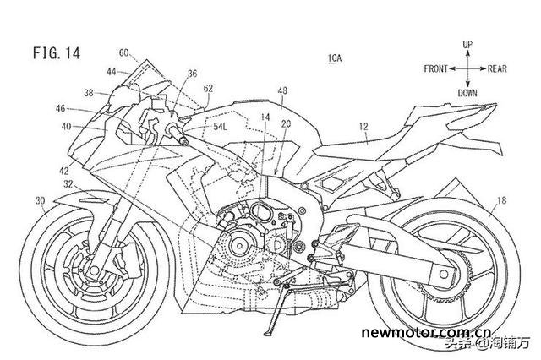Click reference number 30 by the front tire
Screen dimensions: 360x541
tap(39, 200)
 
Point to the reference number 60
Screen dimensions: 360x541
tap(123, 52)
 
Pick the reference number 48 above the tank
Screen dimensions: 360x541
tap(281, 90)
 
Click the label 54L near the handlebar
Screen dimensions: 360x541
tap(221, 126)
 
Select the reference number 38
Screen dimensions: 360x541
tap(88, 93)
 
